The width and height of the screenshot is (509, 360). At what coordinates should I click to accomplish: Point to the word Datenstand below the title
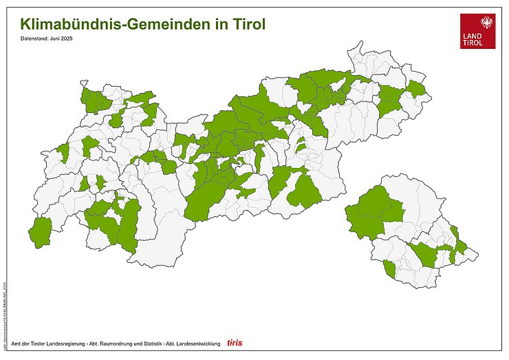coord(34,39)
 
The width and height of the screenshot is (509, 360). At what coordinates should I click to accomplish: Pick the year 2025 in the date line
coord(67,39)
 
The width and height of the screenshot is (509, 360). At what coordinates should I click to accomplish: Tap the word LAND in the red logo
coord(474,36)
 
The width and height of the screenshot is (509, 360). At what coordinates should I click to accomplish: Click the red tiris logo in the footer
coord(235,342)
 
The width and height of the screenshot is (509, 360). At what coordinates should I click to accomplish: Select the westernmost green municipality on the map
coord(42,232)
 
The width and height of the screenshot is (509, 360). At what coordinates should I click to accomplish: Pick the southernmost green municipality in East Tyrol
coord(390,268)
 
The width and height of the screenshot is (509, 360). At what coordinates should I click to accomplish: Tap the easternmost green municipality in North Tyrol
coord(416,88)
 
